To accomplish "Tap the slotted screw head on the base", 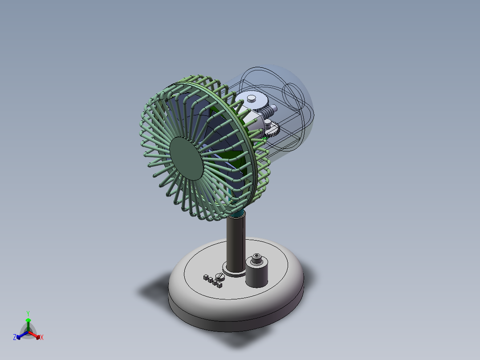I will pyautogui.click(x=219, y=277).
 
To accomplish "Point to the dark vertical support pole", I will pyautogui.click(x=236, y=243).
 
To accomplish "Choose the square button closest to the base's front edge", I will pyautogui.click(x=220, y=284).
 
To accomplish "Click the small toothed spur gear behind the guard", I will pyautogui.click(x=272, y=130).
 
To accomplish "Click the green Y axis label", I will pyautogui.click(x=28, y=313).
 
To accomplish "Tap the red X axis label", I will pyautogui.click(x=42, y=338).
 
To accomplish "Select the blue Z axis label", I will pyautogui.click(x=15, y=337).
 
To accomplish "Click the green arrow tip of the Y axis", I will pyautogui.click(x=28, y=320).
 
